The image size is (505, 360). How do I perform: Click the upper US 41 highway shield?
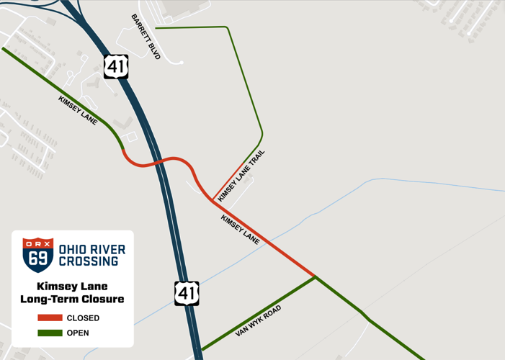point(116,66)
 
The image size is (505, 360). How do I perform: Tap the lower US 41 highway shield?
point(187,294)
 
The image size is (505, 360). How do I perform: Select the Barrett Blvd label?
point(146,37)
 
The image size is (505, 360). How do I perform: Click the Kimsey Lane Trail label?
point(241,175)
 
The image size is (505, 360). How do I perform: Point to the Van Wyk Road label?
point(258,321)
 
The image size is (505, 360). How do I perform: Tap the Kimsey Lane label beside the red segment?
point(240,229)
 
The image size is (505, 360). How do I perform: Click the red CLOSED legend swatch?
point(50,318)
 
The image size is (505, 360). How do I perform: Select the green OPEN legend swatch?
point(50,333)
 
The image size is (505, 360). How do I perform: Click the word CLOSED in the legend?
point(83,318)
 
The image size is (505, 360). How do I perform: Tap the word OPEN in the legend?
point(78,333)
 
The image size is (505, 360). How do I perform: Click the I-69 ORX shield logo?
point(38,255)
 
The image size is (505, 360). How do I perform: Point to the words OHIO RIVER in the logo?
point(91,249)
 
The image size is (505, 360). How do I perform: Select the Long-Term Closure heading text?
point(72,299)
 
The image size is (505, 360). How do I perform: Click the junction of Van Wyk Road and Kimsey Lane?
point(315,276)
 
